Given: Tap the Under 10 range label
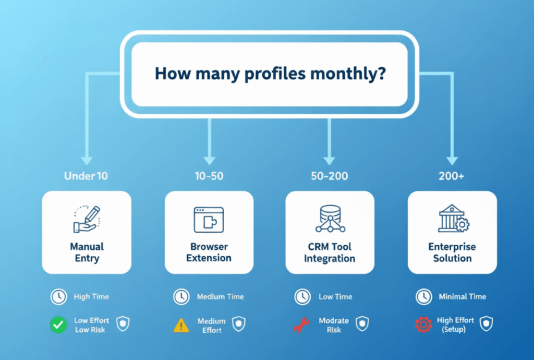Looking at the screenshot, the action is pyautogui.click(x=86, y=176).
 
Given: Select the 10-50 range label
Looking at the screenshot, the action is pyautogui.click(x=209, y=176).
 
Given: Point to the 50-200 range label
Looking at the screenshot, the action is pyautogui.click(x=330, y=176).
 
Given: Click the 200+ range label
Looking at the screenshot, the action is pyautogui.click(x=451, y=176).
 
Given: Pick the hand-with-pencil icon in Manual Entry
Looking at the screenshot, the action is pyautogui.click(x=87, y=219).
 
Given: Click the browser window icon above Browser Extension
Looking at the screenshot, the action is pyautogui.click(x=209, y=220).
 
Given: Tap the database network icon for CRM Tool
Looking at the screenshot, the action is pyautogui.click(x=330, y=219).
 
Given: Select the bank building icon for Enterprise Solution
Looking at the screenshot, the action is pyautogui.click(x=453, y=218).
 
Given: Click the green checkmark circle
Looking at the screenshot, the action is pyautogui.click(x=58, y=325).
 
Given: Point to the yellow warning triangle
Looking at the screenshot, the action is pyautogui.click(x=181, y=325).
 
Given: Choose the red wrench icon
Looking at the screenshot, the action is pyautogui.click(x=301, y=325).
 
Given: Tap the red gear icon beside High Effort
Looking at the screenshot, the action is pyautogui.click(x=423, y=325).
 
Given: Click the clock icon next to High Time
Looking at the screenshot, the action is pyautogui.click(x=59, y=297).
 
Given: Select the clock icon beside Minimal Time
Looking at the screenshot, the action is pyautogui.click(x=423, y=297).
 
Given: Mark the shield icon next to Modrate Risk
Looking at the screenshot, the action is pyautogui.click(x=362, y=323).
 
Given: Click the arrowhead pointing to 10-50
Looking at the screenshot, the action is pyautogui.click(x=209, y=161).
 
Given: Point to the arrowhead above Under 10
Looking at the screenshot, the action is pyautogui.click(x=87, y=161).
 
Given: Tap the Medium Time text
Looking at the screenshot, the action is pyautogui.click(x=221, y=297).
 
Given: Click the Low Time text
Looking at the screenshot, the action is pyautogui.click(x=335, y=297).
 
